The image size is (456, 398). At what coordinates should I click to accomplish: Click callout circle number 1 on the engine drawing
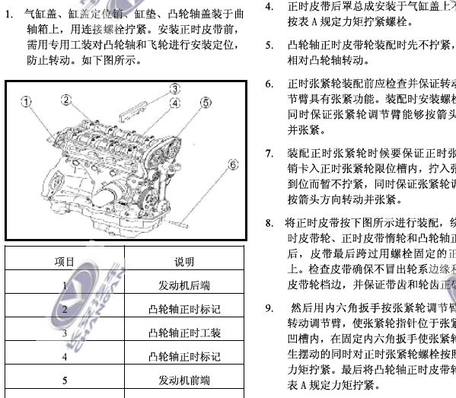pos(26,100)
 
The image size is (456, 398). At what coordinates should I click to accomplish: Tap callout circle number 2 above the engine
pos(67,99)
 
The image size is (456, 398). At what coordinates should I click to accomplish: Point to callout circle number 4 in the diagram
pos(176,103)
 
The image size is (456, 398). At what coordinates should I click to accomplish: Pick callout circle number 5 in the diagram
pos(206,103)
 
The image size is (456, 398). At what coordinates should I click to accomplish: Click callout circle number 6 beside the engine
pos(234,163)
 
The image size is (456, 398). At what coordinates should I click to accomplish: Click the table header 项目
pos(65,262)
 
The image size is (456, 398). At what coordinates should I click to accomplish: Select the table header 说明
pos(184,262)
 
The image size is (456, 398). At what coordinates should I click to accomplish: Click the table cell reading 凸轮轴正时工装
pos(184,333)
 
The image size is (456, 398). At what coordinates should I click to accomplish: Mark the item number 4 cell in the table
pos(65,356)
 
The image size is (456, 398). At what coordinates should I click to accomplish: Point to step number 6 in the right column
pos(269,82)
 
